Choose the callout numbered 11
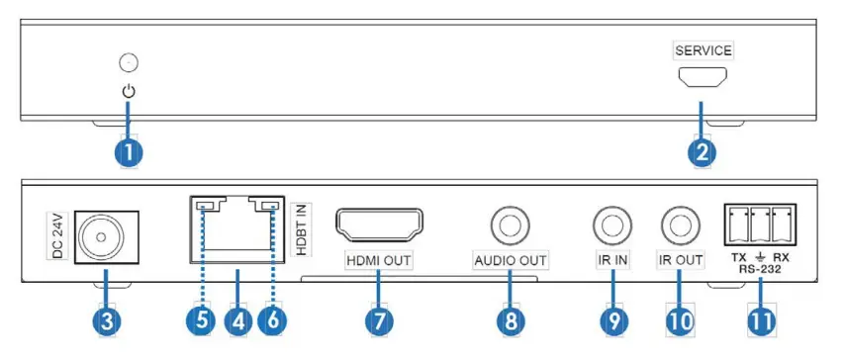(x=760, y=321)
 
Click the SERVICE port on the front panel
(x=701, y=77)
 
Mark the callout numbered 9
(x=613, y=321)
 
